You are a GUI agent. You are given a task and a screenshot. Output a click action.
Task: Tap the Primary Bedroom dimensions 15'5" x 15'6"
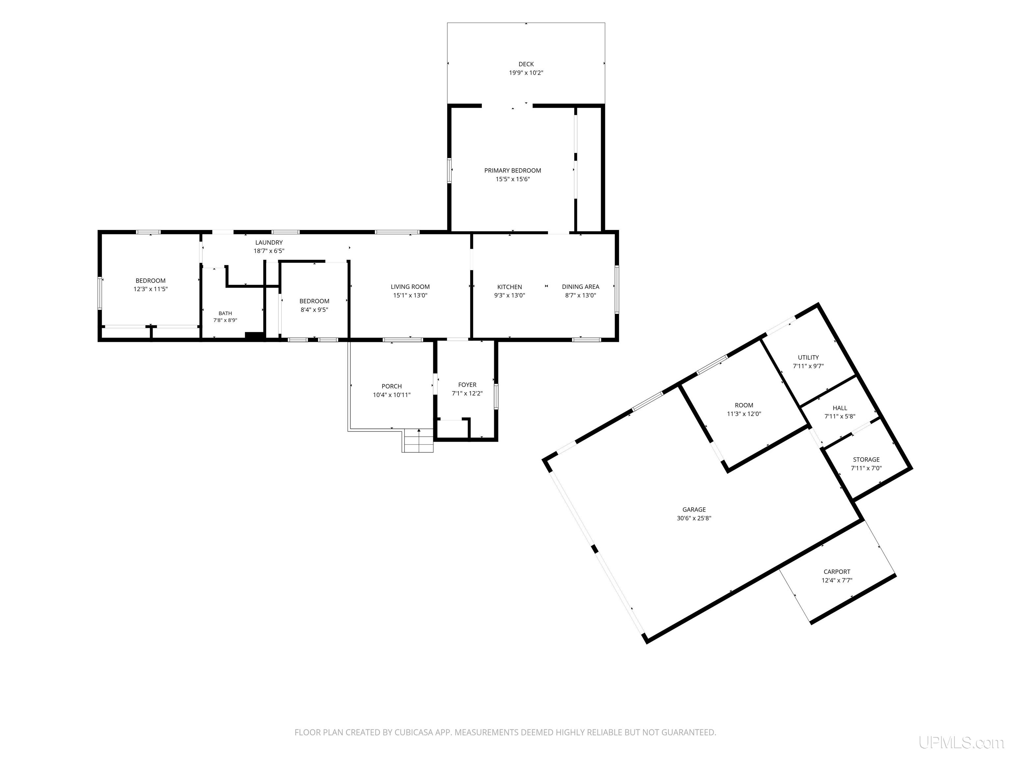click(513, 179)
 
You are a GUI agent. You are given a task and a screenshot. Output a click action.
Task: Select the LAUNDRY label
click(269, 242)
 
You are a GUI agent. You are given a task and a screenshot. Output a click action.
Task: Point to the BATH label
click(225, 314)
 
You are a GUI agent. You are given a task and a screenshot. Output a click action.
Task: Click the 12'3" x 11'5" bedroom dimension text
click(150, 289)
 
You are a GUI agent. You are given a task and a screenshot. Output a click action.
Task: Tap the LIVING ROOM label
click(410, 287)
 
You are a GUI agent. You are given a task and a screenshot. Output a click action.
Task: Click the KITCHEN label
click(509, 287)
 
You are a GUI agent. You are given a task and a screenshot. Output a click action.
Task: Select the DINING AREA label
click(581, 287)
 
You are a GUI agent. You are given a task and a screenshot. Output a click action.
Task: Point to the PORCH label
click(392, 387)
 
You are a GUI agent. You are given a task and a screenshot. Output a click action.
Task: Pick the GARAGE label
click(694, 509)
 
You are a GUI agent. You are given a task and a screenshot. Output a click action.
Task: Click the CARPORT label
click(837, 571)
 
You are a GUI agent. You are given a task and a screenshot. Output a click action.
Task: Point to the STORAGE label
click(866, 460)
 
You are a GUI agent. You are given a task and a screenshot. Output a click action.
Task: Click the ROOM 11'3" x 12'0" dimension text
click(744, 414)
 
